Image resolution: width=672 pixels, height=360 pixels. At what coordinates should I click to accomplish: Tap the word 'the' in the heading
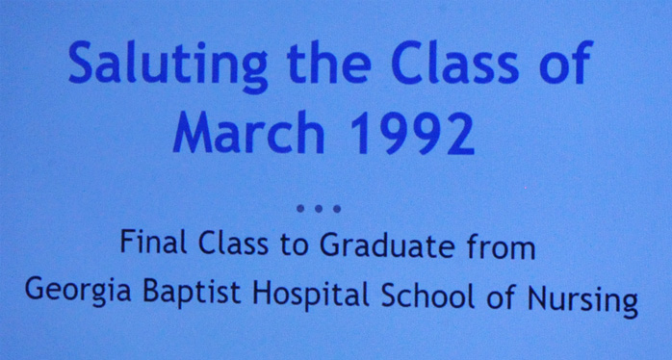point(329,62)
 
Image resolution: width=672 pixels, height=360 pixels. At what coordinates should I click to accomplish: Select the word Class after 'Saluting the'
point(455,62)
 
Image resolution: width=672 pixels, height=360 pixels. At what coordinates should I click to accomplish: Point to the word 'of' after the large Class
point(566,62)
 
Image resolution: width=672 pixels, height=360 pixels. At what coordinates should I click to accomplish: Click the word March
point(248,132)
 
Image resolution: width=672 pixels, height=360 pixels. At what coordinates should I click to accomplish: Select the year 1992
point(413,133)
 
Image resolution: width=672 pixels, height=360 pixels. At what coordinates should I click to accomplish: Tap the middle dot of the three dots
point(319,209)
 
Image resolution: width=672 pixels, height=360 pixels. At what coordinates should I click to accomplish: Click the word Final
point(153,242)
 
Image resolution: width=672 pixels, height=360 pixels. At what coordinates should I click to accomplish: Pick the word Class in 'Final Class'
point(233,243)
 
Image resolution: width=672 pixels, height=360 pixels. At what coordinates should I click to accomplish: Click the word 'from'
point(501,247)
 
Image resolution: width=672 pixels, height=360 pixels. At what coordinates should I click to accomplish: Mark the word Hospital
point(311,294)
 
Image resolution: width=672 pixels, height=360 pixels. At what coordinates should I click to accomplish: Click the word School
point(427,296)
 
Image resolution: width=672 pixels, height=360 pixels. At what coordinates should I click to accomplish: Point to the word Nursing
point(582,301)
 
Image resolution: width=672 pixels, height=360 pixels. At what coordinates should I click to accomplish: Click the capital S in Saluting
point(82,63)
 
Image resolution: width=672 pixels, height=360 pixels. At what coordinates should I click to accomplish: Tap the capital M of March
point(192,132)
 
